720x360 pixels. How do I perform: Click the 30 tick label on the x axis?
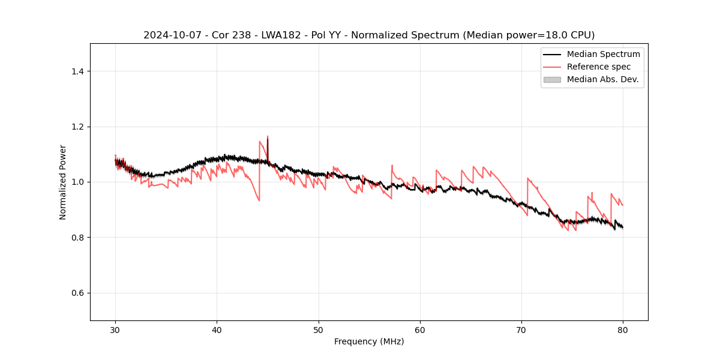115,329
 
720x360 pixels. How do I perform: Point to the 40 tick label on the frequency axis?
217,329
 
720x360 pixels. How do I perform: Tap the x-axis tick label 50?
319,329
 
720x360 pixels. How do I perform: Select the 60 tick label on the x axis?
420,329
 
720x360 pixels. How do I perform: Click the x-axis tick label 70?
521,329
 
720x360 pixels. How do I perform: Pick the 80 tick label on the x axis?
623,329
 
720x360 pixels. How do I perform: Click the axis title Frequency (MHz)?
369,341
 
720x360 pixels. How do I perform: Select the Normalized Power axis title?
63,182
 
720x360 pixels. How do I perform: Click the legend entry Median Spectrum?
603,55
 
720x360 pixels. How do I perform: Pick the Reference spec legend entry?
598,67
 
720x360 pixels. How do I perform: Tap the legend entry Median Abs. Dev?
602,79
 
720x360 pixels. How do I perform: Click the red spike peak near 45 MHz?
268,137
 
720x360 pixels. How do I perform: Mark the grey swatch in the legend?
551,79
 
